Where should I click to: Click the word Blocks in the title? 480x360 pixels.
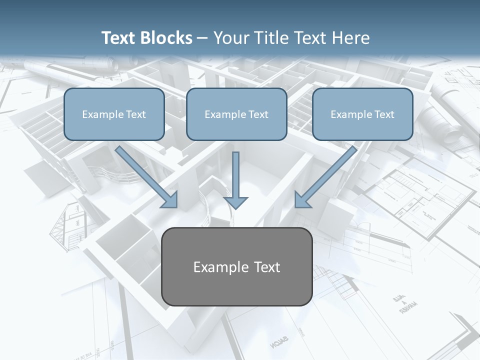pos(166,38)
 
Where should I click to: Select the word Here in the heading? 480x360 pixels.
pos(352,38)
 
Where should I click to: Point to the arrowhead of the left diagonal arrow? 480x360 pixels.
pos(170,200)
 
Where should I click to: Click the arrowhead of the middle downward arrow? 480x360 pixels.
pos(235,202)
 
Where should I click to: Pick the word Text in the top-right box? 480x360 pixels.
pos(384,114)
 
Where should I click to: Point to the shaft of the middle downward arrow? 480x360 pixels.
pos(235,172)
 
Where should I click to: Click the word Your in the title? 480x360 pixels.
pos(230,38)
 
